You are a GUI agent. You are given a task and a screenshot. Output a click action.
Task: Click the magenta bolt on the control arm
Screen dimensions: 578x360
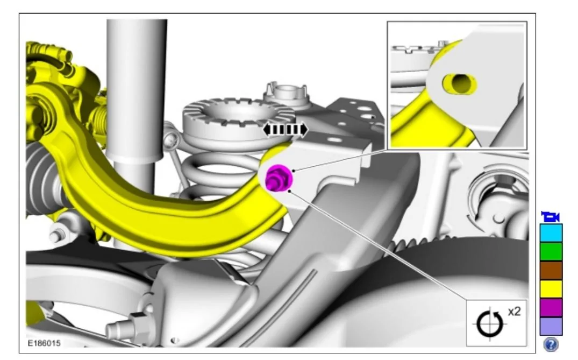[279, 178]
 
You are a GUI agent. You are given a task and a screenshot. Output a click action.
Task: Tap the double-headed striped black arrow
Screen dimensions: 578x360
[286, 130]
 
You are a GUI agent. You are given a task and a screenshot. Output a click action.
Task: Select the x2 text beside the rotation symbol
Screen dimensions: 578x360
[514, 312]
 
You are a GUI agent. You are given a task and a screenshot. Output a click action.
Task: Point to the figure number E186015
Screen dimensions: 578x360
[44, 343]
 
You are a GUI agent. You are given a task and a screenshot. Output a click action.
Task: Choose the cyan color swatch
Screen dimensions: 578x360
[551, 233]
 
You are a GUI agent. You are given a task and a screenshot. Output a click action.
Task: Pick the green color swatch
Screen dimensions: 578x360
[551, 252]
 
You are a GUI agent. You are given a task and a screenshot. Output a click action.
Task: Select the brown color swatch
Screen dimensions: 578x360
[551, 271]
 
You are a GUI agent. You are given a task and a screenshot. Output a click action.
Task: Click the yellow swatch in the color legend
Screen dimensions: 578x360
[551, 289]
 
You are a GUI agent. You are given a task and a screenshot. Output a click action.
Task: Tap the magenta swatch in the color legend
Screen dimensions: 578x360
[551, 308]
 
